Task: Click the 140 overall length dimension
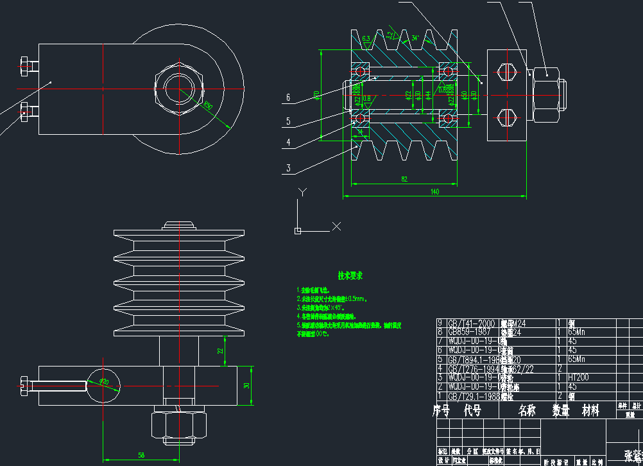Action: click(x=434, y=191)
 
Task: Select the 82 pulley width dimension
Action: click(x=404, y=180)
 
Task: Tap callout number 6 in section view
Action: click(x=288, y=98)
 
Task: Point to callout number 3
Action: click(x=288, y=169)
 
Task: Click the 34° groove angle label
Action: click(x=415, y=39)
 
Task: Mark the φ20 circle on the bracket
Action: click(x=104, y=383)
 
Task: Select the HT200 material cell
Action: click(x=579, y=378)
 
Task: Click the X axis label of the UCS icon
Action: click(x=336, y=226)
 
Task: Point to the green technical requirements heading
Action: click(x=350, y=275)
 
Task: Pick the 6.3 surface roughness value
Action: click(x=366, y=40)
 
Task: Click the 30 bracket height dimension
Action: click(x=246, y=386)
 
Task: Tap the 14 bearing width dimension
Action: click(x=360, y=132)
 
